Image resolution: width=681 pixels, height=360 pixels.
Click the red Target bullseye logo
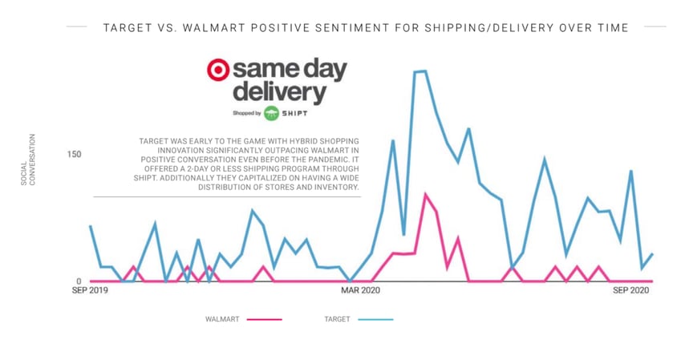click(218, 71)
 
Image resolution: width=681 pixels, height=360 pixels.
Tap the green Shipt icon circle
click(272, 113)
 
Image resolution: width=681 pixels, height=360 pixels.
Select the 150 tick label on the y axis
click(74, 154)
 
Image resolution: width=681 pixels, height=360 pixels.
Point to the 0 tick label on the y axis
click(79, 281)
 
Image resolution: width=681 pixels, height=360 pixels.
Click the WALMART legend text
click(223, 319)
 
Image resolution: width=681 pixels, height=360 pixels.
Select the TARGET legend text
click(337, 319)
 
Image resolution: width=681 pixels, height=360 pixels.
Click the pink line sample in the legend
click(265, 319)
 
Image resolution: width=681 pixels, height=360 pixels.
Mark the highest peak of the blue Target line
click(420, 71)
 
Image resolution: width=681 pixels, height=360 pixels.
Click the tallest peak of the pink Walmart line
click(425, 194)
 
